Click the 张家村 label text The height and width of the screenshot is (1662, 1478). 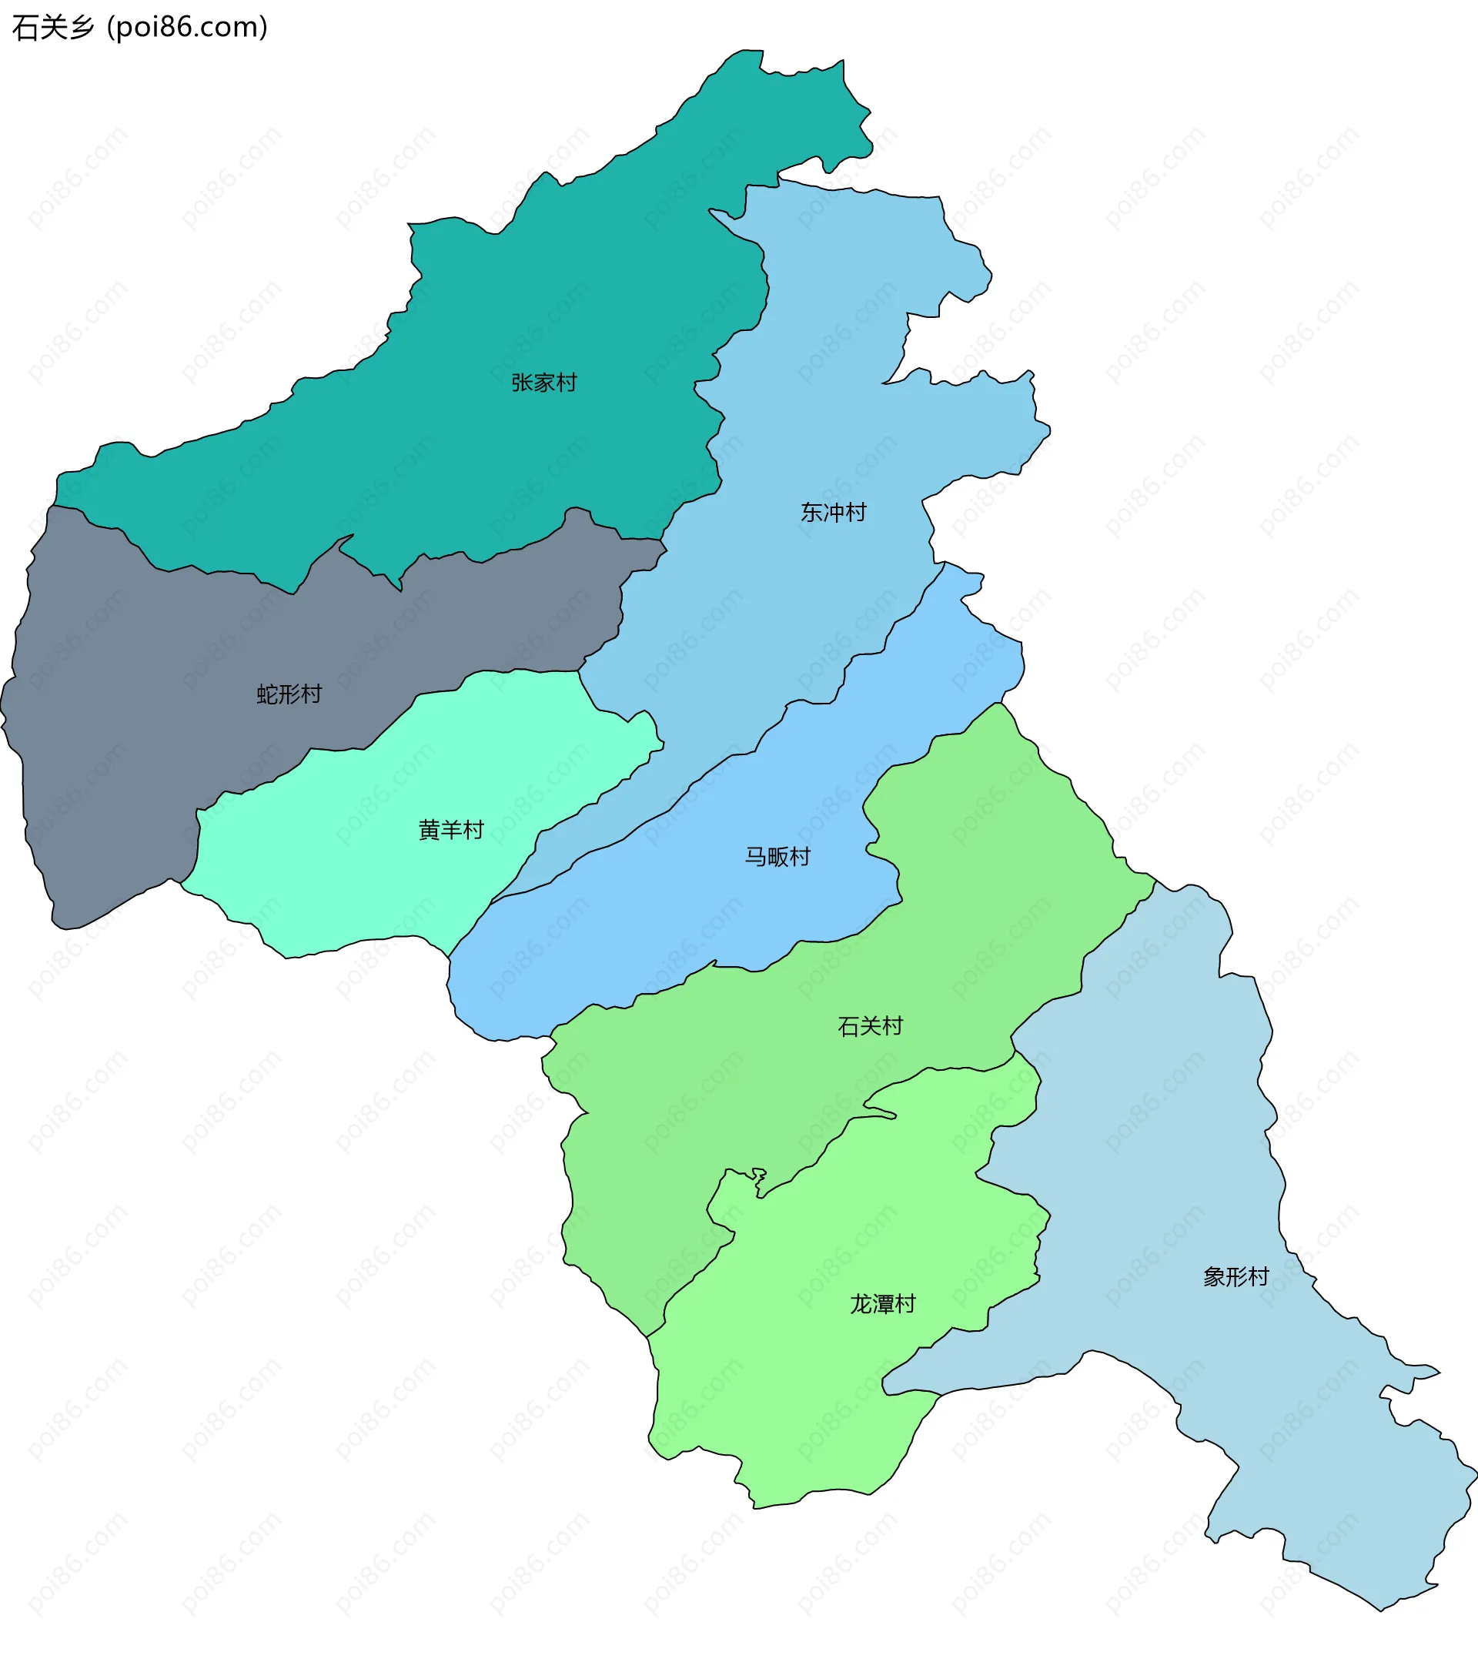pyautogui.click(x=544, y=382)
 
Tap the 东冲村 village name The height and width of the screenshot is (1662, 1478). pyautogui.click(x=834, y=512)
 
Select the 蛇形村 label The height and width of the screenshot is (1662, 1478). pyautogui.click(x=289, y=694)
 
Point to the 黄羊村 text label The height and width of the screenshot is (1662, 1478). pyautogui.click(x=451, y=829)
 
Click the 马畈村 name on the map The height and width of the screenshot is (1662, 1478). pyautogui.click(x=777, y=856)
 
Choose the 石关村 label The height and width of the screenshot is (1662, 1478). pyautogui.click(x=870, y=1026)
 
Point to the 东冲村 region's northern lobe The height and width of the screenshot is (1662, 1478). pyautogui.click(x=854, y=244)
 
